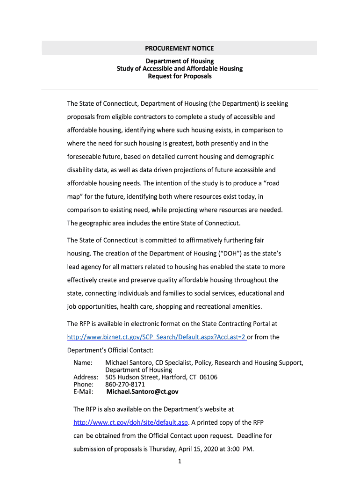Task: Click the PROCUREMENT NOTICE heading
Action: (179, 48)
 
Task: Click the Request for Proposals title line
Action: (180, 76)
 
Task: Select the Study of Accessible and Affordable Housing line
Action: (180, 69)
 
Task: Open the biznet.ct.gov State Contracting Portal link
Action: (157, 337)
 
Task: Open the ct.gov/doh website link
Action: (130, 422)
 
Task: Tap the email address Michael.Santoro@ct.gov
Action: (142, 392)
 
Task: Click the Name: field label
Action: (83, 363)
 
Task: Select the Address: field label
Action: (86, 377)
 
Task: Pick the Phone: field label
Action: (84, 385)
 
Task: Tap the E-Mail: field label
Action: (84, 392)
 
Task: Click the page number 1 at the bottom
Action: (180, 462)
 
